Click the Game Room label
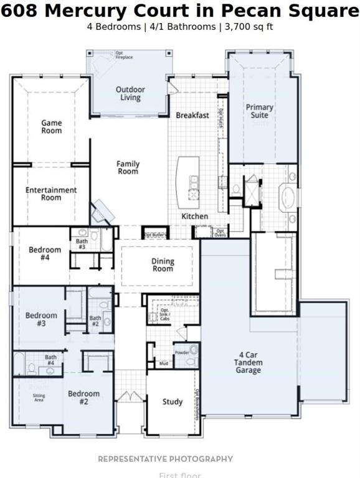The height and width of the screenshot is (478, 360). (52, 127)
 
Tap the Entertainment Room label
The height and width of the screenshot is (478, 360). (52, 194)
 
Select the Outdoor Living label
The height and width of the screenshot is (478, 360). (130, 93)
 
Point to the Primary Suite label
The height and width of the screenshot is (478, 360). (259, 111)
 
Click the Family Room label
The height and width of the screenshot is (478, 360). (128, 167)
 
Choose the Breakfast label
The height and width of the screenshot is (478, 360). (192, 115)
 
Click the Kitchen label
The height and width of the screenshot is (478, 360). (194, 216)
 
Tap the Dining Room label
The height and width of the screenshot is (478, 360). (163, 265)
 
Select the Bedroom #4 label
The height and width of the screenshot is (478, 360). (45, 254)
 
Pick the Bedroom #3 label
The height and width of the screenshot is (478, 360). (41, 319)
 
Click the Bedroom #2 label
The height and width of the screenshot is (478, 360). (83, 398)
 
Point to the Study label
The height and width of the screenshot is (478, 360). (173, 401)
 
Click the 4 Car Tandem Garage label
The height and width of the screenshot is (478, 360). (248, 362)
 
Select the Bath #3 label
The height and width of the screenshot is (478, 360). (82, 244)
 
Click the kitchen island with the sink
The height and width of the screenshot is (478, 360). (188, 182)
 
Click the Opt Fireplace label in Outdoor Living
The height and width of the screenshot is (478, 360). (124, 56)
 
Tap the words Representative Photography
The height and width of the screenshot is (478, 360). (165, 459)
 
